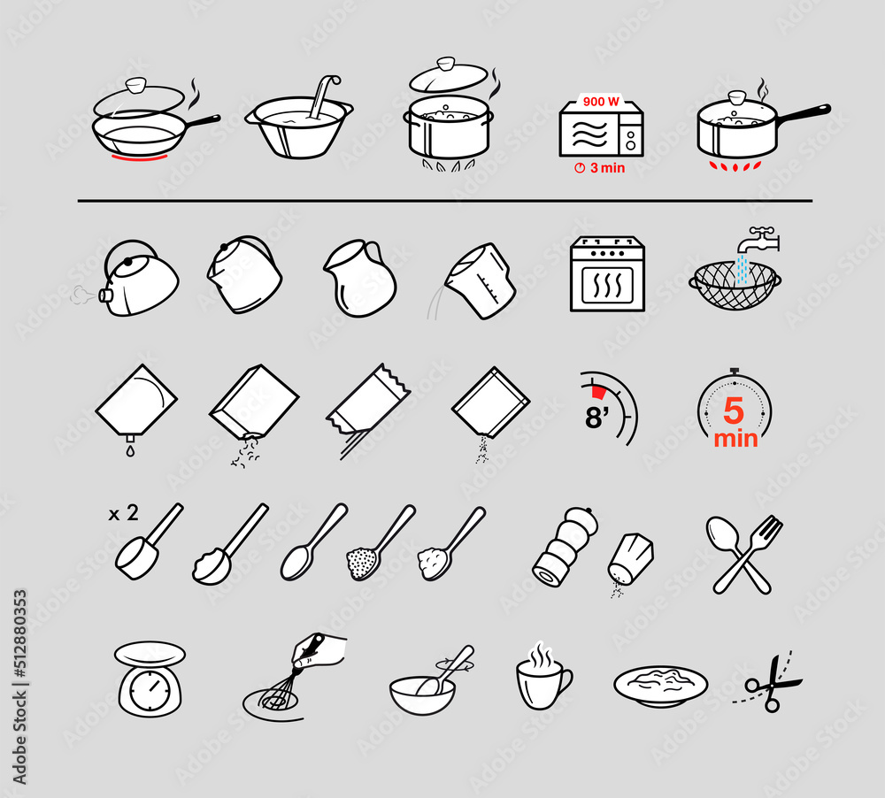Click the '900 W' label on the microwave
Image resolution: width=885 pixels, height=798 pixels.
point(602,101)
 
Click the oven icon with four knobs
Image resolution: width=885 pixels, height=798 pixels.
point(607,274)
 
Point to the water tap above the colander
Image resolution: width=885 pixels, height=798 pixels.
point(759,238)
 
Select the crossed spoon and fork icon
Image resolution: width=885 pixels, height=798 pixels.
point(744,554)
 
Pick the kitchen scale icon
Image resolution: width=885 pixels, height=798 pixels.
point(150,677)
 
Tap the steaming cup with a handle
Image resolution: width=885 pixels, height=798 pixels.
point(541,679)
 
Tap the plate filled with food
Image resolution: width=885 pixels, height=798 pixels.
point(659,684)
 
